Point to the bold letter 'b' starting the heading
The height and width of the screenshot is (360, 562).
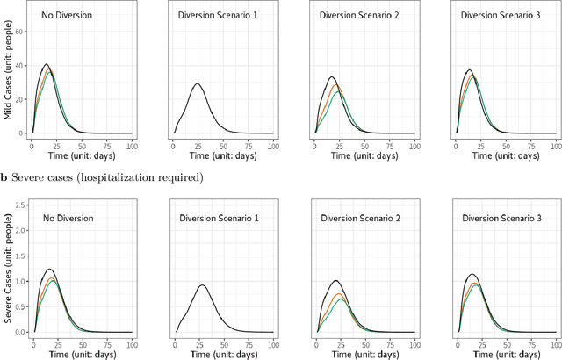point(4,178)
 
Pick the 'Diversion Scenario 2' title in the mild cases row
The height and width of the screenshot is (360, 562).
point(353,16)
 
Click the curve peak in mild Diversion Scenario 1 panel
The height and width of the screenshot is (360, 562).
point(198,84)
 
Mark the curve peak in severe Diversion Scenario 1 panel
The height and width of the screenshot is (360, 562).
point(202,284)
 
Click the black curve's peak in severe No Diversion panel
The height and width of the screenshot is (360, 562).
point(49,269)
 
